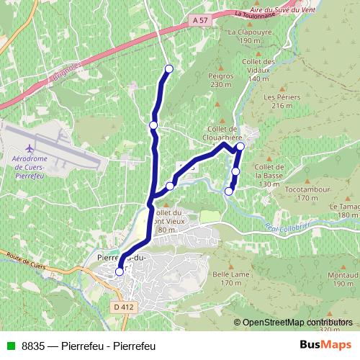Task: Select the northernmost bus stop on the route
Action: pos(169,69)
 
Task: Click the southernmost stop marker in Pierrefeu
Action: pos(120,271)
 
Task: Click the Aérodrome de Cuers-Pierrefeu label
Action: pos(29,165)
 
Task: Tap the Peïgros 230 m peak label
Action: pos(222,80)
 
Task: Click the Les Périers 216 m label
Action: pos(280,101)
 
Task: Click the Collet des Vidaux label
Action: pos(261,70)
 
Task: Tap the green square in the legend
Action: pos(9,346)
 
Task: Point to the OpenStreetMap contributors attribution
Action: pos(297,323)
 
